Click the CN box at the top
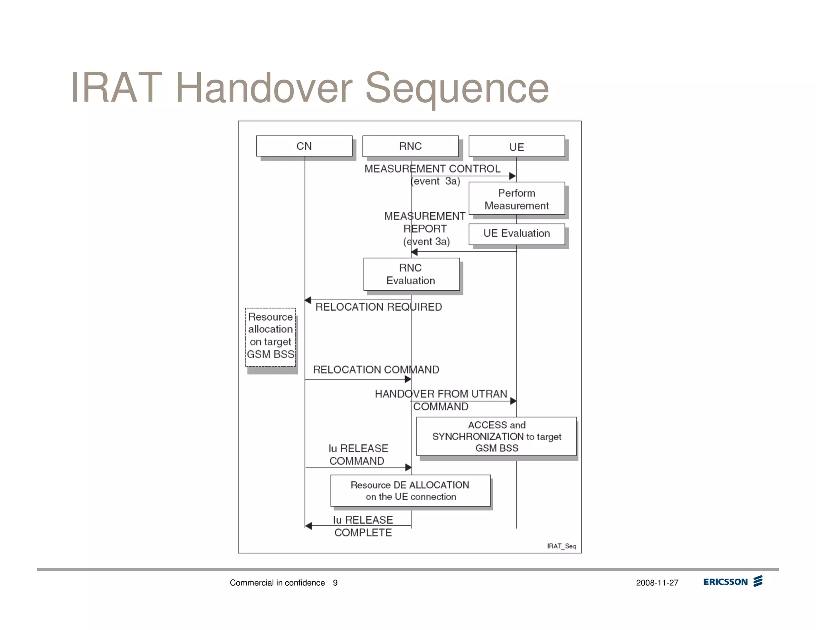(x=304, y=146)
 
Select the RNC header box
(x=410, y=146)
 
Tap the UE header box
(x=516, y=147)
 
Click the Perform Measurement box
(x=516, y=199)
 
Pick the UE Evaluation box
(x=516, y=234)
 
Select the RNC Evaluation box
(x=411, y=274)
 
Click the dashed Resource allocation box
(x=271, y=337)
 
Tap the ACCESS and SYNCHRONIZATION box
(x=496, y=436)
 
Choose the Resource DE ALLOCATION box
(x=410, y=490)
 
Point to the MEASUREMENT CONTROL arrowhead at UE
(x=512, y=176)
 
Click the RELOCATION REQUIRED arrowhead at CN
(x=308, y=300)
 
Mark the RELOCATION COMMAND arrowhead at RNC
(x=408, y=379)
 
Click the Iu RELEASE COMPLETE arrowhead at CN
(x=308, y=526)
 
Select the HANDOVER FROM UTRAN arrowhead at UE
(x=513, y=401)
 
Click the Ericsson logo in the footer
(x=732, y=581)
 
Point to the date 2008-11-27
(x=657, y=583)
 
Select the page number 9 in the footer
(x=335, y=583)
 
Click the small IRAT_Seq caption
(x=561, y=546)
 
